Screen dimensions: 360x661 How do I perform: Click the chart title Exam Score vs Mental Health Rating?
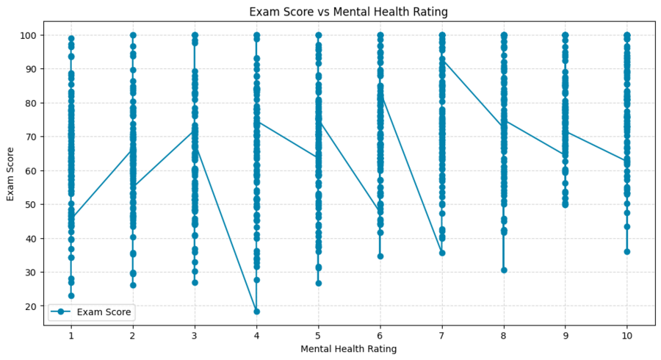[x=348, y=12]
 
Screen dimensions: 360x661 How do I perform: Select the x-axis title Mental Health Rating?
[x=348, y=349]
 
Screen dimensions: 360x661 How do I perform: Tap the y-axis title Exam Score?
[x=11, y=170]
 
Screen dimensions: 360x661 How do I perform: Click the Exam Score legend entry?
[x=91, y=312]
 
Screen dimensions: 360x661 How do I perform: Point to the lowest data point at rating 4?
[x=256, y=312]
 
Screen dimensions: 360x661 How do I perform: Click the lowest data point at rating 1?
[x=71, y=296]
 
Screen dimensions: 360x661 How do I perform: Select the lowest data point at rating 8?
[x=504, y=270]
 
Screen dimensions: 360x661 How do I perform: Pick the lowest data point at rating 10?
[x=627, y=251]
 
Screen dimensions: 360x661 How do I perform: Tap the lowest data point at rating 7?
[x=442, y=253]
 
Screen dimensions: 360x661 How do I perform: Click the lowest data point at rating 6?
[x=380, y=256]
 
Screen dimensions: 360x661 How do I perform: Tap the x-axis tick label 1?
[x=71, y=334]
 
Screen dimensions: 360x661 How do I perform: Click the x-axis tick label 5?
[x=318, y=334]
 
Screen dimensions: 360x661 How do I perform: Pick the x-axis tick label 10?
[x=627, y=334]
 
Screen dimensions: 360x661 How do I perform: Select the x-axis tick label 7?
[x=442, y=334]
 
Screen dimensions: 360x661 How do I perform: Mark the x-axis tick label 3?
[x=195, y=334]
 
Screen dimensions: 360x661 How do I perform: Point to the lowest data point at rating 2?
[x=133, y=285]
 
